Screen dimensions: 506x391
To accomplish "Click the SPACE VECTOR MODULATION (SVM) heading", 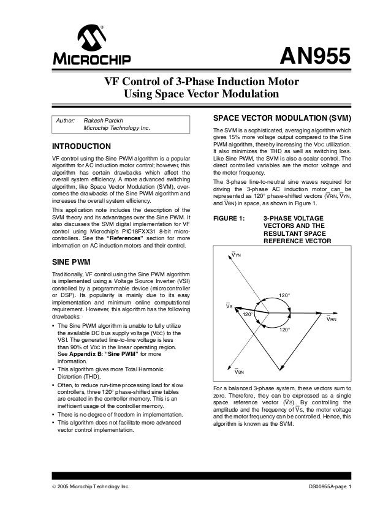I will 281,117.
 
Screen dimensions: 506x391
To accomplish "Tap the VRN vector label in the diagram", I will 332,319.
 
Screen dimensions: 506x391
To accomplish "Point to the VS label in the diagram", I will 229,306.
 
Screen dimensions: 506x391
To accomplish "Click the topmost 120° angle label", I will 284,296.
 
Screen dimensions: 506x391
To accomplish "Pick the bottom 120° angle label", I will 284,330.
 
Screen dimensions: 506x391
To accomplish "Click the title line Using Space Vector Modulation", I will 202,94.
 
